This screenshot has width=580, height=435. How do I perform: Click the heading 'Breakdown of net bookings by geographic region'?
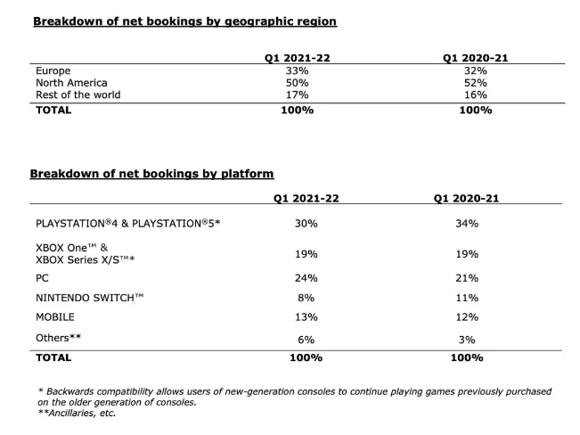click(185, 21)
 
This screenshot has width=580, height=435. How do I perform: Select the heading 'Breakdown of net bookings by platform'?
click(151, 174)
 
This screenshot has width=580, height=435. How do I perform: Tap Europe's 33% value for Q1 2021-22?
click(297, 70)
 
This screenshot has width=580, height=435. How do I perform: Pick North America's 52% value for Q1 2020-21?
click(476, 83)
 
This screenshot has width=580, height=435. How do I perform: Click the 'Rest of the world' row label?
click(78, 95)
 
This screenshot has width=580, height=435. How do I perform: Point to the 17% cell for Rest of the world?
click(297, 95)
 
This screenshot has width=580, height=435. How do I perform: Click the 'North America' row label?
click(71, 83)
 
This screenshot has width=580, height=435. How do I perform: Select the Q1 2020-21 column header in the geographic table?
click(476, 58)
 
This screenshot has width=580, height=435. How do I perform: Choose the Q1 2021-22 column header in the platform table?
click(306, 199)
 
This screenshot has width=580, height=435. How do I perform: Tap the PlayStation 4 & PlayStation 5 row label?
click(128, 224)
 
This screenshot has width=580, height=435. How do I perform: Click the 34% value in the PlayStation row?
click(467, 224)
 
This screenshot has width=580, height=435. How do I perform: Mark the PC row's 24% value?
click(306, 278)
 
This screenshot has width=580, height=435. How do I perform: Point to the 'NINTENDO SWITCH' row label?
click(89, 298)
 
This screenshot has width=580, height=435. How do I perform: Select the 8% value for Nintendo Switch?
click(306, 298)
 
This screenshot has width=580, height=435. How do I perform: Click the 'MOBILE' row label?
click(55, 317)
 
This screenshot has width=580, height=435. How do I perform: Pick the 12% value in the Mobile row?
click(467, 317)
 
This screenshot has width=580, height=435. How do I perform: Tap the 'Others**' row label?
click(59, 338)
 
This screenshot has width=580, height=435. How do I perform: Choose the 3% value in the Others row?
click(467, 340)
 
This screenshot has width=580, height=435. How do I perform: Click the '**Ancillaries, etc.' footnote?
click(77, 413)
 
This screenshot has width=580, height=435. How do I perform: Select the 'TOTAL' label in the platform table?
click(53, 358)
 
